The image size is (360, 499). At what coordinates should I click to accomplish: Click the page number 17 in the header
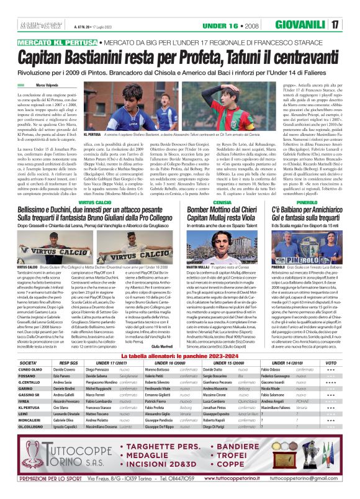coord(351,25)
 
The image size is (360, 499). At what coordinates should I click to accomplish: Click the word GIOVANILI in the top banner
coord(315,25)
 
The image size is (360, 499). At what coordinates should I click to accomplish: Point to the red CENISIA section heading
coord(213,203)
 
